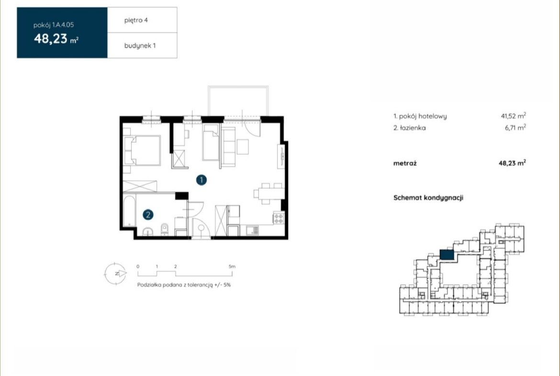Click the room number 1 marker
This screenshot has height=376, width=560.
(202, 180)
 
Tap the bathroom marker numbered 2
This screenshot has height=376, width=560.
(148, 215)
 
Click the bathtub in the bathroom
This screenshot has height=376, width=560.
(129, 211)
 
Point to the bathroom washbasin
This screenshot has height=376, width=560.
(148, 232)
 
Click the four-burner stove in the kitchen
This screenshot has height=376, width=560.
(279, 218)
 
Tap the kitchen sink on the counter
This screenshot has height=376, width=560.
(252, 230)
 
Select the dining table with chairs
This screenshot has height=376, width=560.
(269, 194)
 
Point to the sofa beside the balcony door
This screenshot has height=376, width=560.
(228, 147)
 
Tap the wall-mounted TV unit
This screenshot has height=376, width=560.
(281, 156)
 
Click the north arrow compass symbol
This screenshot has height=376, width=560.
(115, 274)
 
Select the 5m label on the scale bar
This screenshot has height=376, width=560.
(232, 266)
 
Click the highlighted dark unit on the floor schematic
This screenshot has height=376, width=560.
(447, 255)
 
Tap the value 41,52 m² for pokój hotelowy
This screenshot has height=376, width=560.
(513, 116)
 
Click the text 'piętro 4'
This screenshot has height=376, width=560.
(136, 21)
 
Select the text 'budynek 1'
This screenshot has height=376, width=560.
(140, 46)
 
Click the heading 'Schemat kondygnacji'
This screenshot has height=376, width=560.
(428, 198)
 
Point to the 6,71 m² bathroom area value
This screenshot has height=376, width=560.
(515, 127)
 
